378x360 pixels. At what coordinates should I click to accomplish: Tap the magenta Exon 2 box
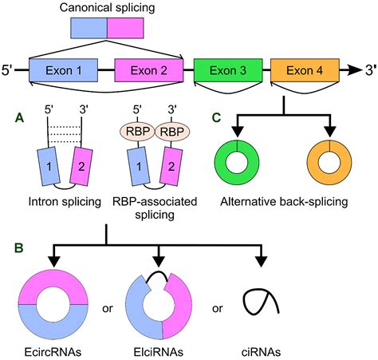coord(150,70)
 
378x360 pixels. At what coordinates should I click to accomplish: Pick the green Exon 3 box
coord(227,70)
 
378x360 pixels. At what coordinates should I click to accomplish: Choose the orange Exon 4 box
coord(304,70)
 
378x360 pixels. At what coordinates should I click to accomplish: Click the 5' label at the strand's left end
coord(10,71)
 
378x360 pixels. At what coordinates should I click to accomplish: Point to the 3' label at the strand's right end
coord(366,71)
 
